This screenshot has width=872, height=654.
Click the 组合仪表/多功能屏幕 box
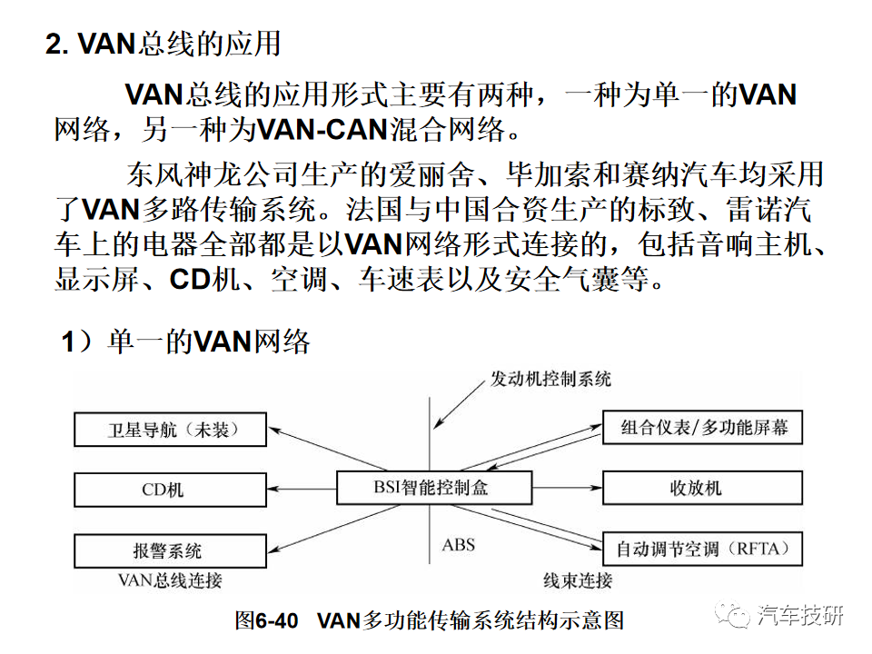tap(702, 428)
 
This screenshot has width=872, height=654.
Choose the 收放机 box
tap(702, 488)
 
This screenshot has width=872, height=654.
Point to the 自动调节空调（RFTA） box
tap(702, 549)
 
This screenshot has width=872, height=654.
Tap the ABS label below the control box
tap(459, 546)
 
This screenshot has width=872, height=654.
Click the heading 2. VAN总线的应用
tap(163, 44)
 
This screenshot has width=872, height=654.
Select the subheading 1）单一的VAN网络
tap(186, 342)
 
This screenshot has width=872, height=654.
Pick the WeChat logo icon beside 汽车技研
tap(734, 616)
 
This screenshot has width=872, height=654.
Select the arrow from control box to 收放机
tap(567, 488)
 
